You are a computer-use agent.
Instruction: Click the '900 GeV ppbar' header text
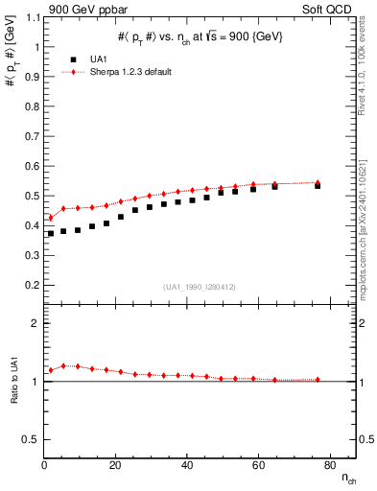tap(89, 9)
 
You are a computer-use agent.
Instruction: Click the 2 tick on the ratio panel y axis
tap(35, 323)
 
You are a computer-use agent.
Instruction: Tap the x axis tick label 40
tap(186, 466)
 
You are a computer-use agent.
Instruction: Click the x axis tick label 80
tap(328, 466)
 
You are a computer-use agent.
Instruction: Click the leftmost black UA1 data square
tap(51, 234)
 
